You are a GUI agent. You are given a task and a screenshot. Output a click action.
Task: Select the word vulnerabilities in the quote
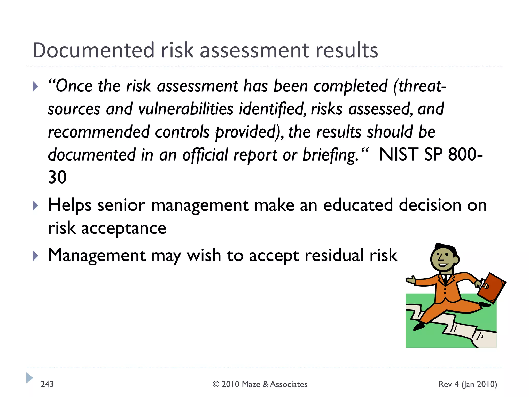coord(186,109)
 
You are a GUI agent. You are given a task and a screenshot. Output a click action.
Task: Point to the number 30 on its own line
coord(57,177)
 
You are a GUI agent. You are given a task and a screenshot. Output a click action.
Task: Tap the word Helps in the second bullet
coord(69,206)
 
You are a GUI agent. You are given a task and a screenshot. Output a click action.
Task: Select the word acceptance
coord(124,229)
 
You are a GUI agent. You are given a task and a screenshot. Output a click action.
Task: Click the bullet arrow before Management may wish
coord(36,256)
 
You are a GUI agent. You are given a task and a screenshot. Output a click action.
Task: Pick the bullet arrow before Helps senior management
coord(36,206)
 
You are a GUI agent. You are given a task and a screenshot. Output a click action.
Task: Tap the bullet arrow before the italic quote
coord(36,86)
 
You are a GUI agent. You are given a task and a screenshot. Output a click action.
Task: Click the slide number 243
coord(47,384)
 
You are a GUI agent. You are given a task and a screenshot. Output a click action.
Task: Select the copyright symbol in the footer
coord(216,384)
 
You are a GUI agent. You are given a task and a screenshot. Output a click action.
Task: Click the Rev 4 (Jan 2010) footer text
coord(468,384)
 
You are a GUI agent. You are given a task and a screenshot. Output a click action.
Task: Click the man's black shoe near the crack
coord(419,327)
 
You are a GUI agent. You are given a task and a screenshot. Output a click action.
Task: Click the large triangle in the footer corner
coord(29,378)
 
